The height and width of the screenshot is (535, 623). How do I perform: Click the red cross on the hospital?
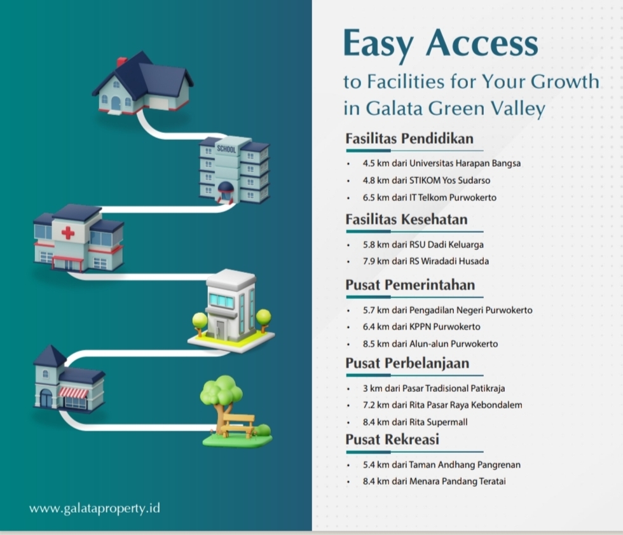click(x=67, y=233)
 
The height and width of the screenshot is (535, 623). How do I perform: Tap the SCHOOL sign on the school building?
click(x=226, y=149)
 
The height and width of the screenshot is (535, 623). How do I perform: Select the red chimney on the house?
click(x=121, y=62)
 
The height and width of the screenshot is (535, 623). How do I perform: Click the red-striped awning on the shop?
click(x=74, y=393)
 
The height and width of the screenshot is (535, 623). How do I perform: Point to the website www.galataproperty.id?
click(x=94, y=508)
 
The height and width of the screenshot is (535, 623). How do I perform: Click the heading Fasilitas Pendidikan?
click(x=409, y=139)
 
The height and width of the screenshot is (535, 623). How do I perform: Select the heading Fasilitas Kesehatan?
click(x=406, y=219)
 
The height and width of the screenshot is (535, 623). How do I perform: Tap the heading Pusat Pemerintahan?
click(x=410, y=285)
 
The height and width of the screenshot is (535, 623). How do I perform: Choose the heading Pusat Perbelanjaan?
click(x=407, y=363)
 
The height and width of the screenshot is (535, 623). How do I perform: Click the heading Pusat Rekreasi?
click(x=392, y=440)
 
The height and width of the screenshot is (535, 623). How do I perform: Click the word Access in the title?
click(x=483, y=45)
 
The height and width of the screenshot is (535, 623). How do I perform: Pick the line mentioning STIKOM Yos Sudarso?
click(x=427, y=180)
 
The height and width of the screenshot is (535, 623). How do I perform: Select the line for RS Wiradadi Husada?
click(x=426, y=261)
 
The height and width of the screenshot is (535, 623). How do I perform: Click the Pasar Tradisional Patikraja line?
click(x=434, y=388)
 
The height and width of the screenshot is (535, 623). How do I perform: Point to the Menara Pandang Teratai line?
click(x=434, y=482)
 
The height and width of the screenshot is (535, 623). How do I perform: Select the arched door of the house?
click(x=116, y=102)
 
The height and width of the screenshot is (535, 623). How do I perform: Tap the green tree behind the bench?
click(x=221, y=391)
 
